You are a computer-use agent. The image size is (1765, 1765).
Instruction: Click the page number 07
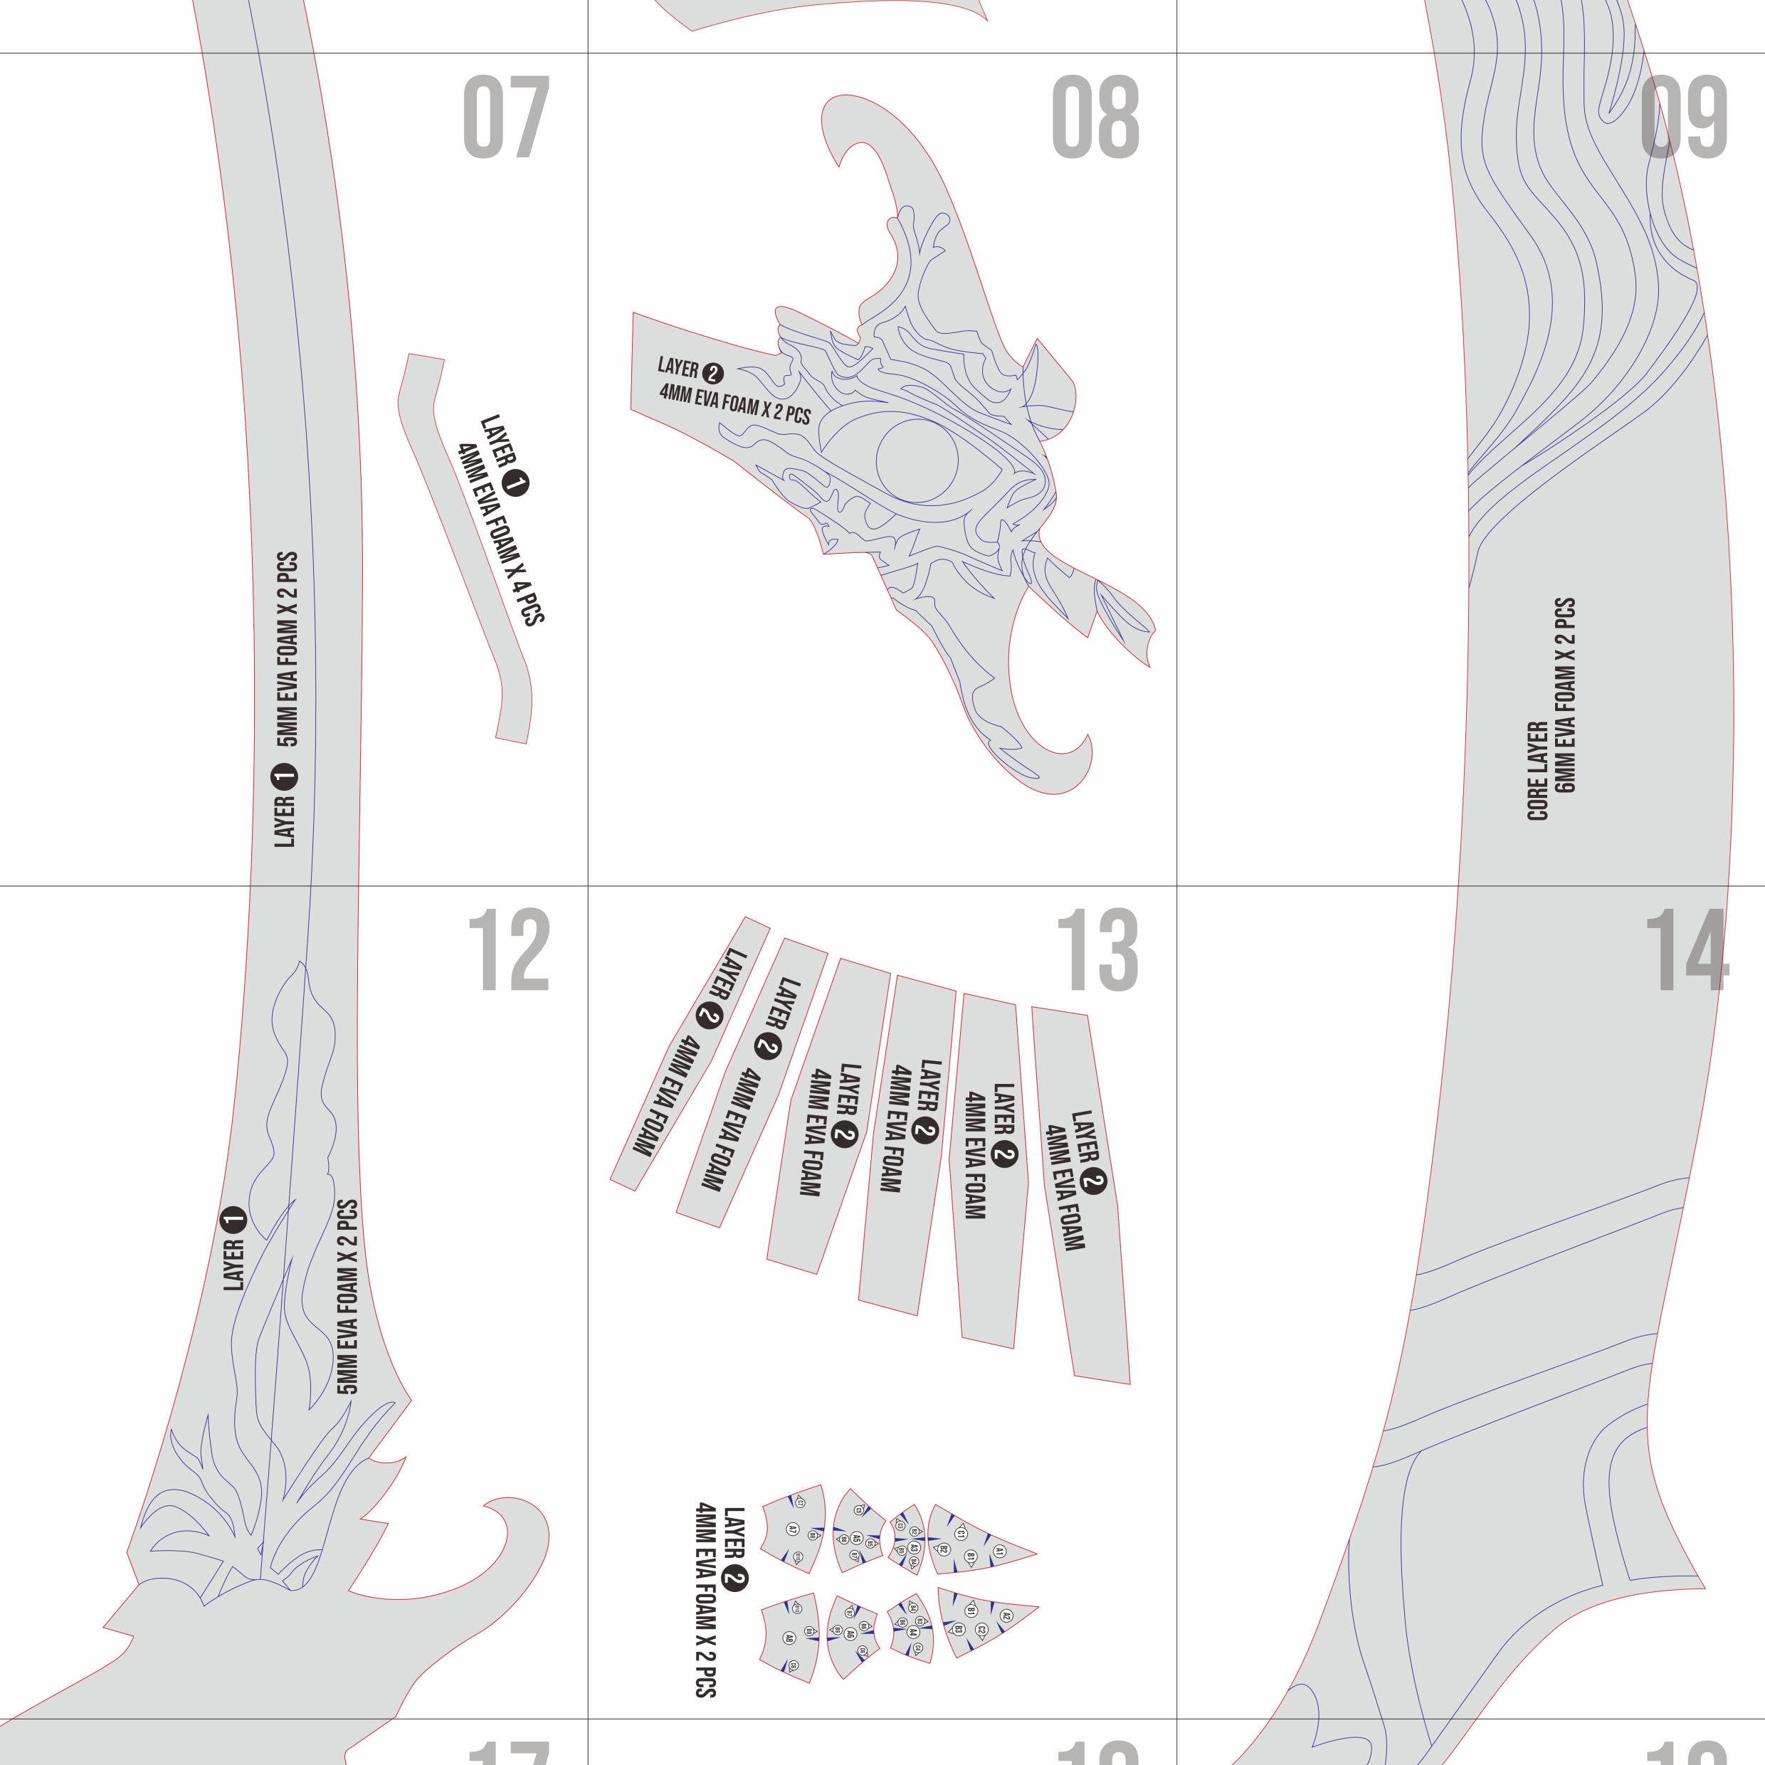pyautogui.click(x=506, y=117)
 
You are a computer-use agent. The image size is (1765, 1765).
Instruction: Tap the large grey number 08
pyautogui.click(x=1095, y=117)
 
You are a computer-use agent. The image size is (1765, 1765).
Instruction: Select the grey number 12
pyautogui.click(x=508, y=950)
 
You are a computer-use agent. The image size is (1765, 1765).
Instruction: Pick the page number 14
pyautogui.click(x=1687, y=950)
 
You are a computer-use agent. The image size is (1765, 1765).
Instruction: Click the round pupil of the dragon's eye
pyautogui.click(x=917, y=460)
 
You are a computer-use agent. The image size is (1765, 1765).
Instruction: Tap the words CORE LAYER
pyautogui.click(x=1537, y=770)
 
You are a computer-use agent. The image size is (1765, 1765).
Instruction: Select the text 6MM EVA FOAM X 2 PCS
pyautogui.click(x=1565, y=695)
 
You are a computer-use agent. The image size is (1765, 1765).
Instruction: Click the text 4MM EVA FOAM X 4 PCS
pyautogui.click(x=500, y=534)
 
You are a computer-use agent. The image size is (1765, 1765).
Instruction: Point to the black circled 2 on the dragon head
pyautogui.click(x=712, y=373)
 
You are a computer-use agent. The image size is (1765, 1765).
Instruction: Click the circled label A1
pyautogui.click(x=999, y=1551)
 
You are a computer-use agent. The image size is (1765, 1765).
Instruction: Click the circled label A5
pyautogui.click(x=856, y=1539)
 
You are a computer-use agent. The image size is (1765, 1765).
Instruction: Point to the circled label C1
pyautogui.click(x=960, y=1534)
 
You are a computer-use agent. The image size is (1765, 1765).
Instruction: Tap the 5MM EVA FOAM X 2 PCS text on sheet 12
pyautogui.click(x=347, y=1297)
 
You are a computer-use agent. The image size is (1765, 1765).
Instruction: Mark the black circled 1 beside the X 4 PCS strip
pyautogui.click(x=516, y=483)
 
